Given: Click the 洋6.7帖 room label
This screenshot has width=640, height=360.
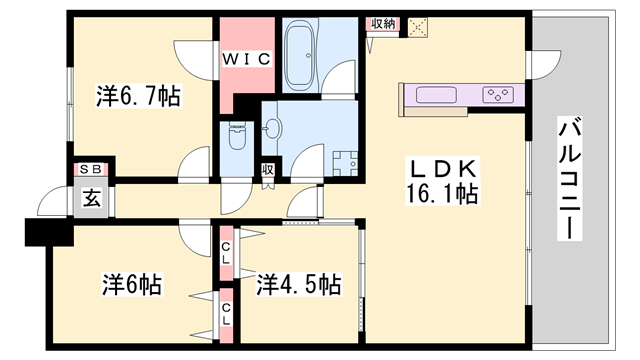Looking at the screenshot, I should tap(138, 97).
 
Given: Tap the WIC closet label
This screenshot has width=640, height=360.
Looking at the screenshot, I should tap(246, 60).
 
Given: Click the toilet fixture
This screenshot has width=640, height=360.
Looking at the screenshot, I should tap(237, 136).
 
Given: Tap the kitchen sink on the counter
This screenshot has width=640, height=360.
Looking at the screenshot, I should tap(435, 95).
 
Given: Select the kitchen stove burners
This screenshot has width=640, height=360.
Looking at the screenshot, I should tap(499, 95).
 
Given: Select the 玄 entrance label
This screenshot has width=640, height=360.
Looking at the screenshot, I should tap(90, 197).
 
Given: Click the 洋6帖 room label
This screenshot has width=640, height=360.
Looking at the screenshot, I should tap(130, 284).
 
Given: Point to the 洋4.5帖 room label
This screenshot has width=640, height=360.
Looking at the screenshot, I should tap(298, 284).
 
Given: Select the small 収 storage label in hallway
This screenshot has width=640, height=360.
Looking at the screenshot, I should tap(268, 171).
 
